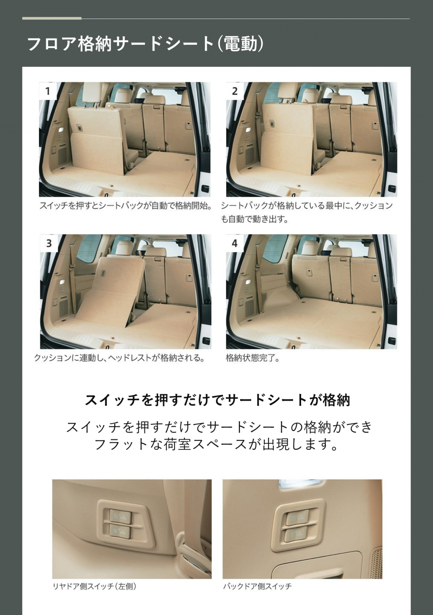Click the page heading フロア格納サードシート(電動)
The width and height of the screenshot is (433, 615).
145,44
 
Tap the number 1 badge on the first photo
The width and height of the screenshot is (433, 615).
48,91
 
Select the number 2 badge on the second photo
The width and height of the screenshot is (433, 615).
235,91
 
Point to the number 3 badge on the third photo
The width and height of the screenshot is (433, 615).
49,243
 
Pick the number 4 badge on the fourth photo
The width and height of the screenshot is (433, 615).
235,243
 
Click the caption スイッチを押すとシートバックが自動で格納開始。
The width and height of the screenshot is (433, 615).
126,206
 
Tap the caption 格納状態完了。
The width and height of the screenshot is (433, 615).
252,358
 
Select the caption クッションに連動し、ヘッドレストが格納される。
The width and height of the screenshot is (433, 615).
120,358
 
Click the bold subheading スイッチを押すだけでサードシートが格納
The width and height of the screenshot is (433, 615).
217,400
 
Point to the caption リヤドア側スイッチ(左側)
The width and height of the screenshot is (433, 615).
95,587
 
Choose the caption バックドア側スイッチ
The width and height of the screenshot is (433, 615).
258,587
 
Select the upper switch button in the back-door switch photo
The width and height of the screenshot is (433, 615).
296,518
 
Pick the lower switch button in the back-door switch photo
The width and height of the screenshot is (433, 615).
295,534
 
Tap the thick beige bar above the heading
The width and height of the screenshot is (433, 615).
52,19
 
